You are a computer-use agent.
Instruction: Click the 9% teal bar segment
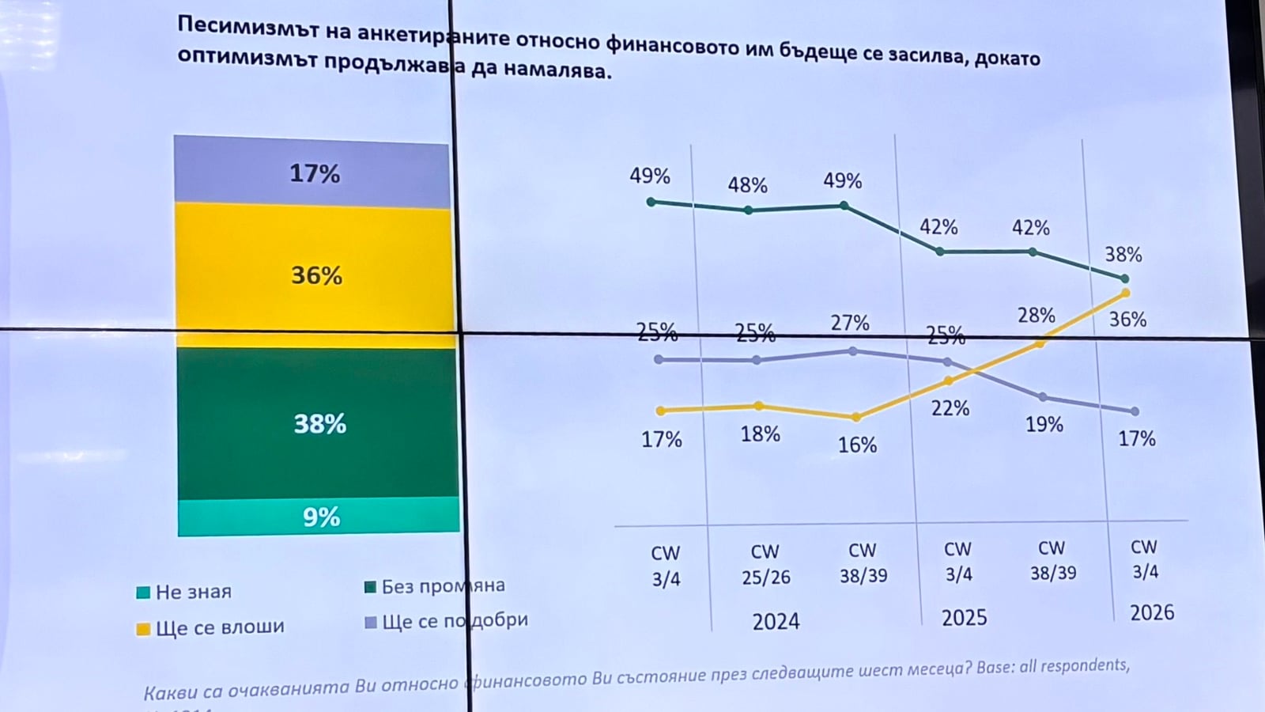[319, 517]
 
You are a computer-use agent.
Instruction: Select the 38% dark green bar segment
[319, 423]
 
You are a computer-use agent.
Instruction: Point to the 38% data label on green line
[1123, 255]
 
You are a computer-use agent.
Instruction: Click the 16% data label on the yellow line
[857, 445]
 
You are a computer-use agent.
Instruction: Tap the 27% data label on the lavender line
[849, 323]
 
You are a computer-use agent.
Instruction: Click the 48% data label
[747, 185]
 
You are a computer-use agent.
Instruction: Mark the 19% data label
[1044, 425]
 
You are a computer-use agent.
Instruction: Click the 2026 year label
[1151, 612]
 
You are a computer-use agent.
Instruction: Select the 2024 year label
[776, 622]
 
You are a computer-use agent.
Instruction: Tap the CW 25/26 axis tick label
[765, 564]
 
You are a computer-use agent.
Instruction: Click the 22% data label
[950, 408]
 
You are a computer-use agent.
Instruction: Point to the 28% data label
[1036, 316]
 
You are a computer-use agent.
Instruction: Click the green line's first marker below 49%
[651, 203]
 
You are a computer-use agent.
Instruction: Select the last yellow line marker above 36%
[1125, 294]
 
